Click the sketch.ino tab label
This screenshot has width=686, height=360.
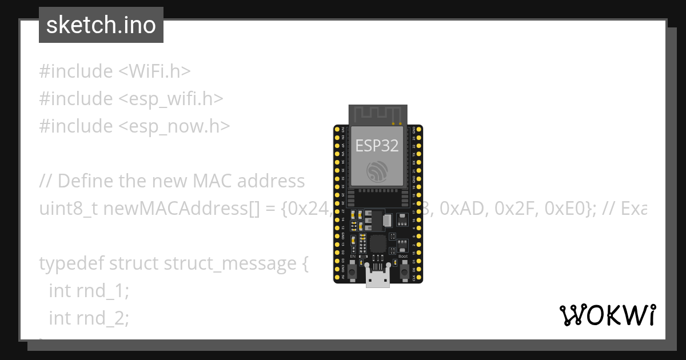[101, 25]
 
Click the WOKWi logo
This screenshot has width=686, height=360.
[607, 315]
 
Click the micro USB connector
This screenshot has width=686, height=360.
[377, 278]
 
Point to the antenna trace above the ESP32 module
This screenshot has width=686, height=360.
[377, 114]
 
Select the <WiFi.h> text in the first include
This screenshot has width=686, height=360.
[154, 71]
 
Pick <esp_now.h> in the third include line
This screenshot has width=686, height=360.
[174, 126]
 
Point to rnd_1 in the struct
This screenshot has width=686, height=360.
[99, 291]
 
